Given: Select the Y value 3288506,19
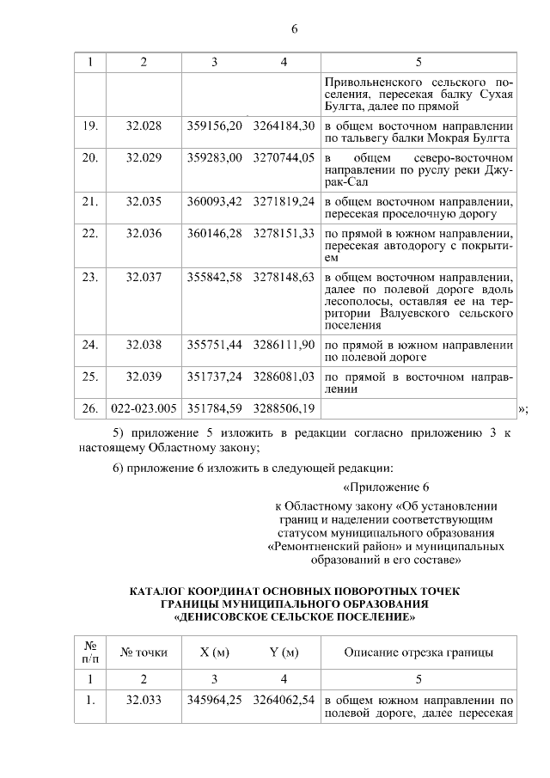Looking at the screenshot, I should pos(284,406).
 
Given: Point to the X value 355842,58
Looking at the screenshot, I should pos(214,277).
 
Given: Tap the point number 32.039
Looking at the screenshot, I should pos(144,376).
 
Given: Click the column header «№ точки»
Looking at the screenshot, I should pos(144,652).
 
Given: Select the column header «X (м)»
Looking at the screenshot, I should pos(214,652).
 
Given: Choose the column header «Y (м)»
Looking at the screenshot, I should pos(284,652).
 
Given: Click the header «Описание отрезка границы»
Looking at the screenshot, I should pos(419,652).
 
